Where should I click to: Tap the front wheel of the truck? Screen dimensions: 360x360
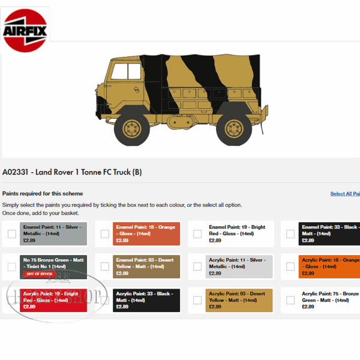[x=131, y=128]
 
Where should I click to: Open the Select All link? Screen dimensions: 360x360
[x=345, y=194]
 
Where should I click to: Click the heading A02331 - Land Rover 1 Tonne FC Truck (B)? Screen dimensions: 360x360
[x=72, y=172]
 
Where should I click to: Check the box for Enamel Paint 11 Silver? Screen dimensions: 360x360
[x=12, y=234]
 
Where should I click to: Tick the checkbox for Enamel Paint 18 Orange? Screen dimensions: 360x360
[x=105, y=234]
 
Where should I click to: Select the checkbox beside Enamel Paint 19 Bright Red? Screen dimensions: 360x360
[x=197, y=234]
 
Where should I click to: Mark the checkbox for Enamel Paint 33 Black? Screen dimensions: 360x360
[x=290, y=234]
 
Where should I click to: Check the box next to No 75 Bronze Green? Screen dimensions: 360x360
[x=12, y=267]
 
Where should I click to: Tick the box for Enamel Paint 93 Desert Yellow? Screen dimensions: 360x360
[x=105, y=267]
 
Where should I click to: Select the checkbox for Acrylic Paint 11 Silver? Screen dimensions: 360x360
[x=197, y=267]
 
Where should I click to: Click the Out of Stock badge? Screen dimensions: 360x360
[x=38, y=274]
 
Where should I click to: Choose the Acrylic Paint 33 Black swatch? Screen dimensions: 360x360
[x=146, y=300]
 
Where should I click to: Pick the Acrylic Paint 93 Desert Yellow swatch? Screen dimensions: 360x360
[x=239, y=300]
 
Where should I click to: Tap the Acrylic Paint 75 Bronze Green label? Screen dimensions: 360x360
[x=330, y=297]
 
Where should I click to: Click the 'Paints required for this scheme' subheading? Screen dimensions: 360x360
[x=43, y=194]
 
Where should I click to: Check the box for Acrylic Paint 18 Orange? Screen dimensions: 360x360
[x=290, y=267]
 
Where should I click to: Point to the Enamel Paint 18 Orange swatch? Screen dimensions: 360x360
[x=146, y=233]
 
